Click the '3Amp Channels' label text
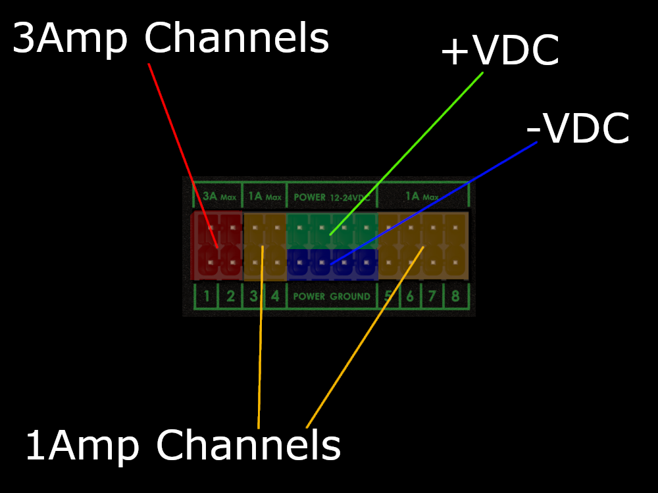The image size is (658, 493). coord(170,39)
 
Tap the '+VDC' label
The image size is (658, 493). coord(499,52)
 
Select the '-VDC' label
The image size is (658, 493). coord(578,129)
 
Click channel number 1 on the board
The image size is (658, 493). coord(207,296)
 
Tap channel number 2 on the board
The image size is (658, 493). coord(230,296)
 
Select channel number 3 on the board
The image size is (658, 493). coord(253,296)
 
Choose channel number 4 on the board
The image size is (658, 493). coord(275,296)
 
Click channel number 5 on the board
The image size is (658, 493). coord(388,296)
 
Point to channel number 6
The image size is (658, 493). coord(410,296)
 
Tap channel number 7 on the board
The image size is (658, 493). coord(432,296)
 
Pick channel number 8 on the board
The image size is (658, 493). coord(455,296)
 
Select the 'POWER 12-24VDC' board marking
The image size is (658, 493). coord(330,197)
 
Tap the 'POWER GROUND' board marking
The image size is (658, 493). coord(332,296)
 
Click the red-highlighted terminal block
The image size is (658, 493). coord(216,245)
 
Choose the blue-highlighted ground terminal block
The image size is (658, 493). coord(332,264)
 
